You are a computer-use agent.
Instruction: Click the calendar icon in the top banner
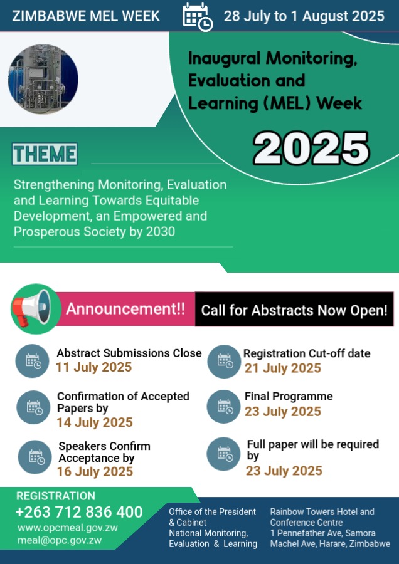tap(198, 16)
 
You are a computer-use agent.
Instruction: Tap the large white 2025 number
tap(311, 149)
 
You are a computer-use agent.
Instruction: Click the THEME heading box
tap(45, 154)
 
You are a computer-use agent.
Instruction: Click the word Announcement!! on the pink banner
tap(125, 309)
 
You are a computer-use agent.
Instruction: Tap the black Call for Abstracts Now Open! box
tap(294, 310)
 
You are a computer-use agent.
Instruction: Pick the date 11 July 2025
tap(93, 367)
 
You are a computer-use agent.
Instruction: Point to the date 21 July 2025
tap(283, 368)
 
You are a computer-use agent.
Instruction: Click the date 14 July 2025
tap(95, 422)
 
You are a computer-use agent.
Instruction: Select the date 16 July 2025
tap(95, 471)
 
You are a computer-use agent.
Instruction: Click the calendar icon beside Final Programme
tap(223, 407)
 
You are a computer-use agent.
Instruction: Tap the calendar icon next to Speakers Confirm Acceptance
tap(35, 457)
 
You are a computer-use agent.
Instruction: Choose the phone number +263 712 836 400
tap(79, 512)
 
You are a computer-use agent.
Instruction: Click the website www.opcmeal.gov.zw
tap(68, 528)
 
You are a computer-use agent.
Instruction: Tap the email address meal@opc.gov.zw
tap(60, 540)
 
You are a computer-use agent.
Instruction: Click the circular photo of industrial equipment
tap(43, 79)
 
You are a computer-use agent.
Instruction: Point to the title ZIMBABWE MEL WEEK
tap(86, 16)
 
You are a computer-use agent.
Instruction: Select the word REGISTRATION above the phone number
tap(56, 496)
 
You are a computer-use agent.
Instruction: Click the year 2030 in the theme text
tap(161, 232)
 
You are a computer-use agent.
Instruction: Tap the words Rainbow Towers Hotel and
tap(322, 512)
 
